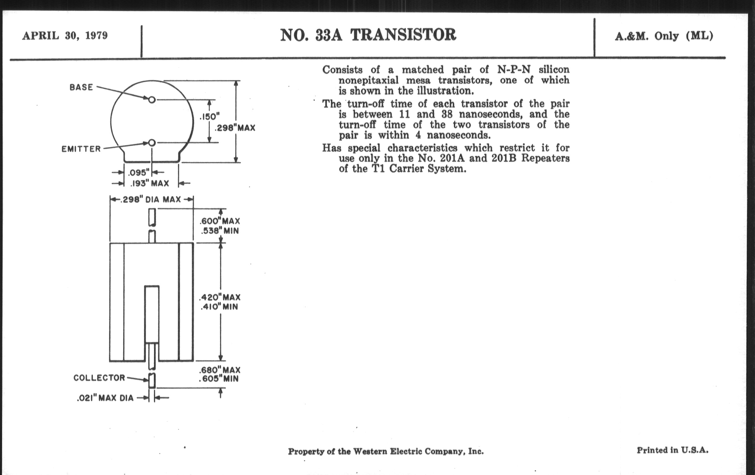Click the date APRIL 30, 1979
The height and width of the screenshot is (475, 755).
point(65,35)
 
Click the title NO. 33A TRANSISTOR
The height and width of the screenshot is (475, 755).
point(368,35)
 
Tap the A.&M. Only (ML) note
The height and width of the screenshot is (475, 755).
point(664,36)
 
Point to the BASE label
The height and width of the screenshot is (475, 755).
point(81,87)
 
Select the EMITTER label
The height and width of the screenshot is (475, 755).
point(81,149)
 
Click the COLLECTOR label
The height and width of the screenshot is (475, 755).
point(99,378)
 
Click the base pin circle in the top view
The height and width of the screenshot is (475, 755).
point(152,100)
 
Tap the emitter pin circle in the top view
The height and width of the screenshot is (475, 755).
point(152,143)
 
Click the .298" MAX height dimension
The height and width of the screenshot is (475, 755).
point(235,128)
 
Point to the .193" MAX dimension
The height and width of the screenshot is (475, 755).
point(150,183)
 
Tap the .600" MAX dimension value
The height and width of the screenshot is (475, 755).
point(220,221)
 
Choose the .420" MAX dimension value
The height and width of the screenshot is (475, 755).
point(220,297)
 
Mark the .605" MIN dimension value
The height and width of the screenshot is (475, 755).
point(219,379)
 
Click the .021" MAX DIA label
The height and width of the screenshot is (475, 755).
point(105,398)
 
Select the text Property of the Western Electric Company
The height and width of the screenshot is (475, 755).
point(386,451)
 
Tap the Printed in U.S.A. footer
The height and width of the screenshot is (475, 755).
point(672,450)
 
